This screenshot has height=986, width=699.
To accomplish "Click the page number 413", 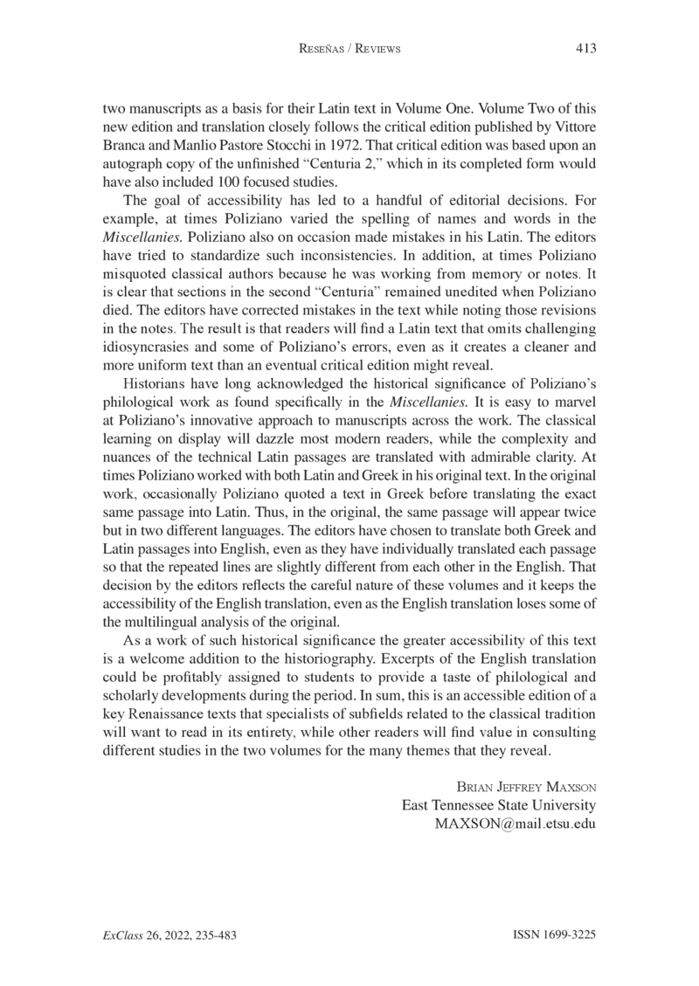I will click(585, 49).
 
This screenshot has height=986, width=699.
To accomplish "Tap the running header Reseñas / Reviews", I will click(349, 50).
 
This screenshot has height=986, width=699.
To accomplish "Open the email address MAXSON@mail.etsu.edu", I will click(515, 824).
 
